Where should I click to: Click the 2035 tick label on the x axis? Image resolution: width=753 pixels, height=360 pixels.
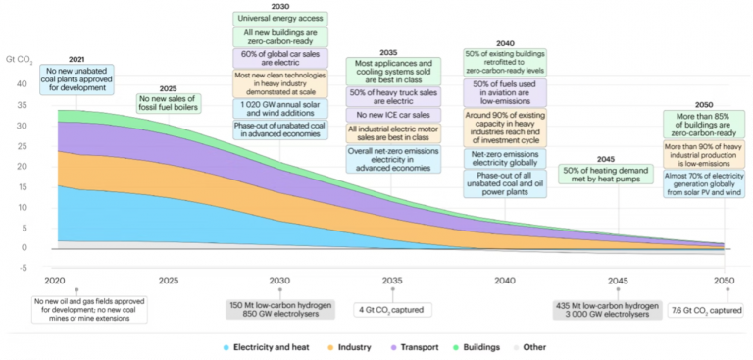[x=391, y=281]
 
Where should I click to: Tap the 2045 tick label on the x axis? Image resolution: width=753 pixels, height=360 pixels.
[x=617, y=281]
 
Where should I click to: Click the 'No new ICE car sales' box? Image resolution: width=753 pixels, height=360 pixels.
[x=391, y=116]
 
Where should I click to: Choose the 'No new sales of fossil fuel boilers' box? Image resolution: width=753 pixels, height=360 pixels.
[x=169, y=102]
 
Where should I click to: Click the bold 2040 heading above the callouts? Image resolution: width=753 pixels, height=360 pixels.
[x=504, y=43]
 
